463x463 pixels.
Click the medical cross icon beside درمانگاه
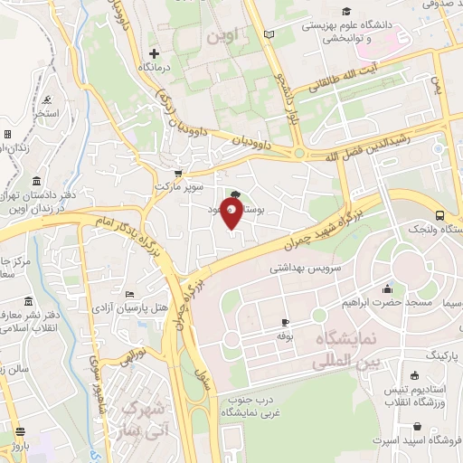click(x=154, y=54)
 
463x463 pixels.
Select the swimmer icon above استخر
click(x=46, y=99)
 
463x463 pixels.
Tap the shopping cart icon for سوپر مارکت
click(x=178, y=174)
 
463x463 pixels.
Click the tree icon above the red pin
click(x=235, y=194)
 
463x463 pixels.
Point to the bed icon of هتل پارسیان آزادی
click(x=130, y=295)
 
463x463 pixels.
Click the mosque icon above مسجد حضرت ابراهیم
click(x=388, y=289)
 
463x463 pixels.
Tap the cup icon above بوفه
click(x=286, y=323)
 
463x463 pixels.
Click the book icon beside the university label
click(x=268, y=34)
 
